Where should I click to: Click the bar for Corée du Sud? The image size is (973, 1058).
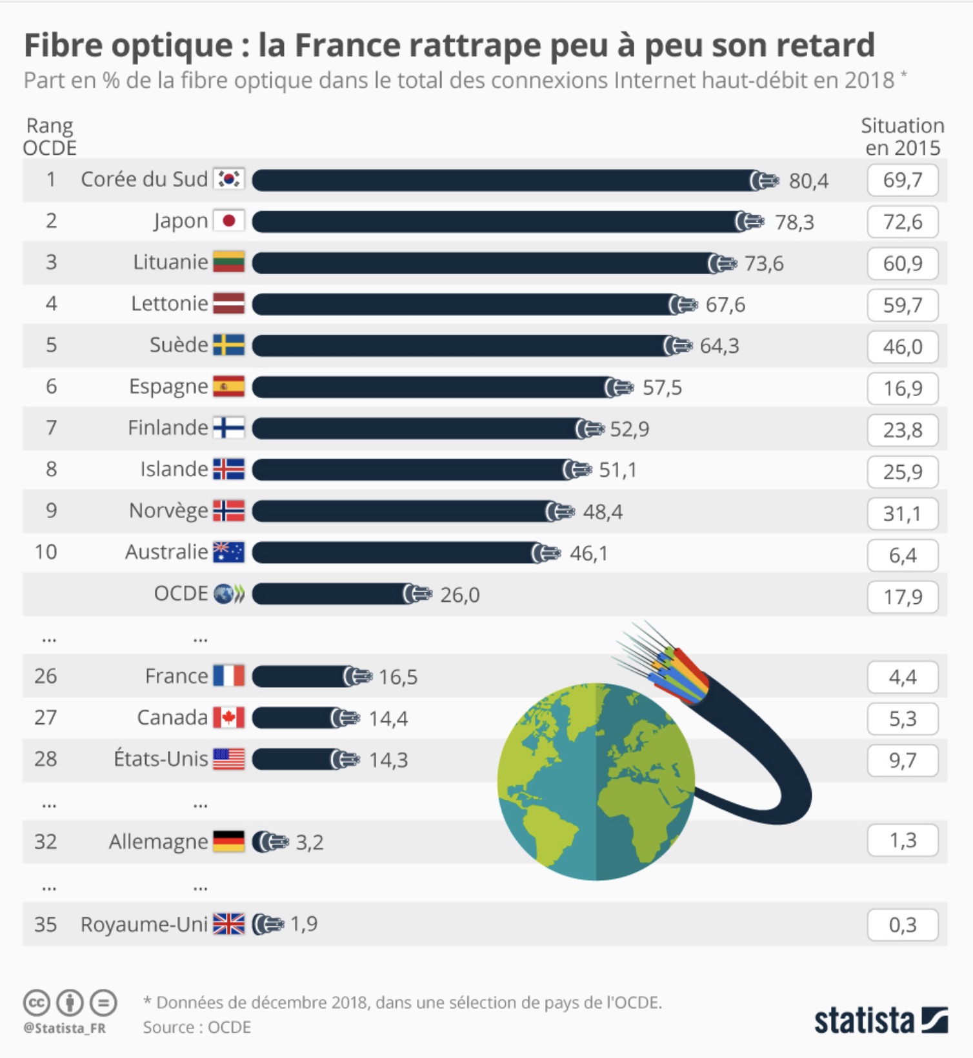503,181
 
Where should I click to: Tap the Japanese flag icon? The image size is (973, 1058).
229,221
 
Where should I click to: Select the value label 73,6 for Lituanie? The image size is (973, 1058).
764,263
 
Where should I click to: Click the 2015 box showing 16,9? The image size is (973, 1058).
902,388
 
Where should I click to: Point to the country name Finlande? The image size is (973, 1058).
168,428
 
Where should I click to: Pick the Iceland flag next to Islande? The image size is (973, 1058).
229,469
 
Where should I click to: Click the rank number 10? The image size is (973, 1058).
46,552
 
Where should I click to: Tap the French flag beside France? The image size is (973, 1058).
229,676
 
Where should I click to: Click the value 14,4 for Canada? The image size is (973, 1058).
388,719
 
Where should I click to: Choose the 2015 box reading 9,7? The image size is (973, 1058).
902,761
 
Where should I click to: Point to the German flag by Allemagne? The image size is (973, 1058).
229,841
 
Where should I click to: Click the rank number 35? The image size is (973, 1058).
46,924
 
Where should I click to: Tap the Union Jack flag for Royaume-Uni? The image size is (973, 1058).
229,924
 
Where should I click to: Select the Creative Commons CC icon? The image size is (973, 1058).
37,1003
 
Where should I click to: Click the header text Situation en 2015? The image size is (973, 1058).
902,136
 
